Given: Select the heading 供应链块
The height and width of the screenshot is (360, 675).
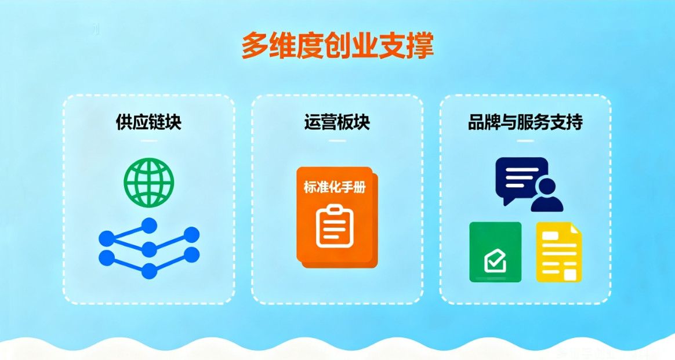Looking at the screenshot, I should pyautogui.click(x=148, y=123).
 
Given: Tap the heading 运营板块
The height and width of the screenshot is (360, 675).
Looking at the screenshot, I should pyautogui.click(x=337, y=123).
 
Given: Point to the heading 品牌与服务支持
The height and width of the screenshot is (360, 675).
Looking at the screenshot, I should pyautogui.click(x=525, y=123).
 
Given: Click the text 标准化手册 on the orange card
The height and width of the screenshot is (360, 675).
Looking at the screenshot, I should pyautogui.click(x=335, y=187).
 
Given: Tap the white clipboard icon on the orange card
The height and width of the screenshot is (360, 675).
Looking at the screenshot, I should pyautogui.click(x=335, y=226).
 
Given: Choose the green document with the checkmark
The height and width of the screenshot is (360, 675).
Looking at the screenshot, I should pyautogui.click(x=495, y=252).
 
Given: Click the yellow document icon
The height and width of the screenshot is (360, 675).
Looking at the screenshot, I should pyautogui.click(x=558, y=252).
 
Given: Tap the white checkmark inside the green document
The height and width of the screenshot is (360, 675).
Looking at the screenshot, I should pyautogui.click(x=495, y=262).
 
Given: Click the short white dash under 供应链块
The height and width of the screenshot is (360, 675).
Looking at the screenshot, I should pyautogui.click(x=148, y=141).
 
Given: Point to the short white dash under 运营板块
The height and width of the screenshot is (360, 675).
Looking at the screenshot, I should pyautogui.click(x=337, y=141).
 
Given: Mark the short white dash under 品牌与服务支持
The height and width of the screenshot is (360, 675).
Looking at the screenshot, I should pyautogui.click(x=525, y=141).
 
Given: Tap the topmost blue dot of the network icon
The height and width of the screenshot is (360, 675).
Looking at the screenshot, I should pyautogui.click(x=150, y=224).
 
